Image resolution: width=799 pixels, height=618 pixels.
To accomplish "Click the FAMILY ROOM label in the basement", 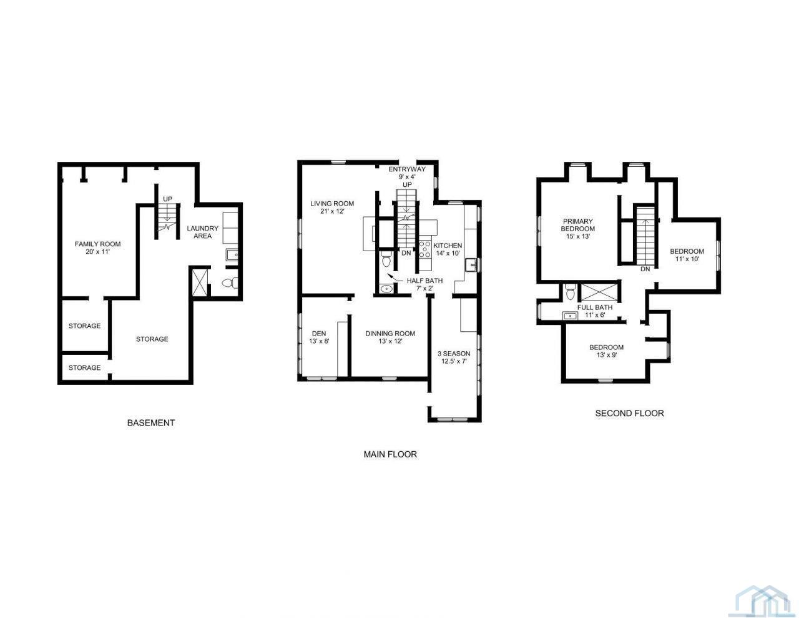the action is click(97, 247).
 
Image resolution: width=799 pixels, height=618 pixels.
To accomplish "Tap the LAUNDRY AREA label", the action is click(203, 232).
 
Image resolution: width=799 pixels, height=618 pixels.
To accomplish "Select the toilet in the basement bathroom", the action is click(230, 282).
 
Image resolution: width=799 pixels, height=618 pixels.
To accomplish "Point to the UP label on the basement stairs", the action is click(168, 199).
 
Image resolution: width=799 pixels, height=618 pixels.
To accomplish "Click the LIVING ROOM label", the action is click(332, 207).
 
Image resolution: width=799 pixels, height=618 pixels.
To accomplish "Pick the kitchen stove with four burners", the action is click(425, 249).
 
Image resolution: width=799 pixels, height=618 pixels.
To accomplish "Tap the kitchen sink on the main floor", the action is click(471, 265).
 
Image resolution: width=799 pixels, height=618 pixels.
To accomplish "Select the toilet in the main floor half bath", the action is click(386, 259).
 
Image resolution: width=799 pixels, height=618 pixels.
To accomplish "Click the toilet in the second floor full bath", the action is click(570, 292).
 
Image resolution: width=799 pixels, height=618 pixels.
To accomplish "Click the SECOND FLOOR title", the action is click(629, 413).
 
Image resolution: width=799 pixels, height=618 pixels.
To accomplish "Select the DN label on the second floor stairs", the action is click(645, 269).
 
